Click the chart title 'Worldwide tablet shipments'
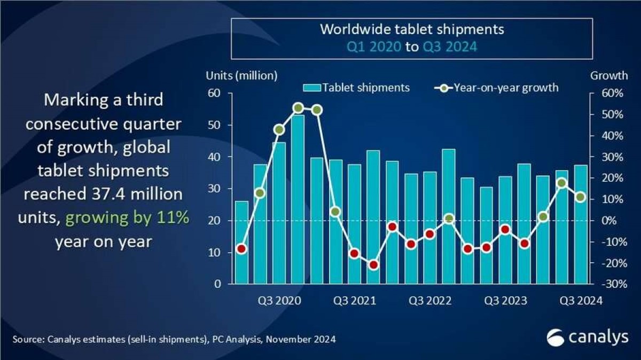(411, 29)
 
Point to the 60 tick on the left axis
(214, 93)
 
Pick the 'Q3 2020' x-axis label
(279, 301)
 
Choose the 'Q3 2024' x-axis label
(581, 301)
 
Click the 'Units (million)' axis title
(241, 75)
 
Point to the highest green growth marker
(298, 108)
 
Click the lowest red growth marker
(373, 264)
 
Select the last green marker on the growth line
(581, 197)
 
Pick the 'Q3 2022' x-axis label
(430, 301)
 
